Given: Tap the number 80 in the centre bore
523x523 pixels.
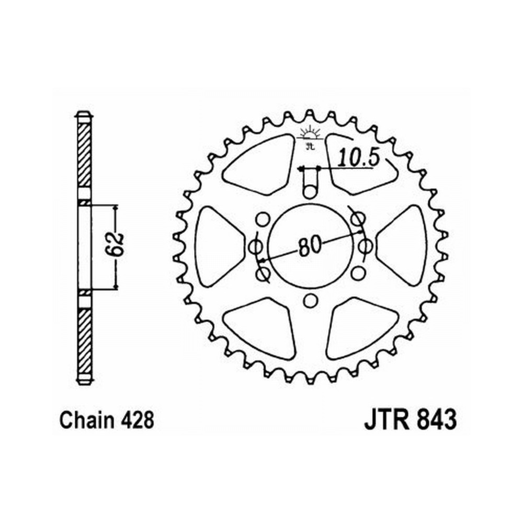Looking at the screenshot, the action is pyautogui.click(x=310, y=246).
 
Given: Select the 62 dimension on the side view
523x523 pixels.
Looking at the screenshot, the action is pyautogui.click(x=117, y=244).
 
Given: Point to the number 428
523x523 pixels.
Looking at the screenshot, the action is pyautogui.click(x=138, y=420).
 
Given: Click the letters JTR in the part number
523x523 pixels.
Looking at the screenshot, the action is pyautogui.click(x=387, y=420).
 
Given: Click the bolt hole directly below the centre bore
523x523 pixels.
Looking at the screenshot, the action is pyautogui.click(x=310, y=301).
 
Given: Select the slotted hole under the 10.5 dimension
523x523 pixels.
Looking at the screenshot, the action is pyautogui.click(x=311, y=183).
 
